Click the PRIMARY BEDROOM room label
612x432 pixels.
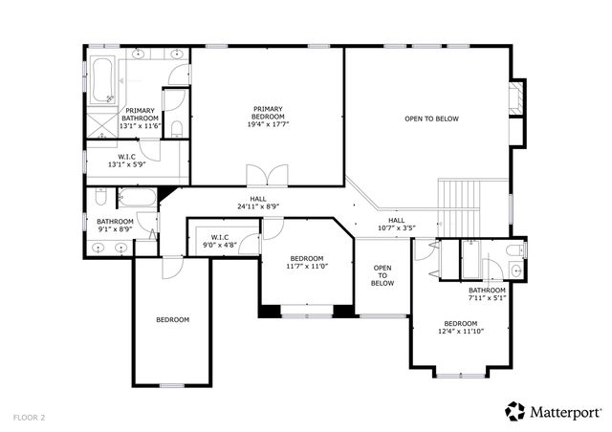tap(267, 117)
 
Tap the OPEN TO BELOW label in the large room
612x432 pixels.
tap(431, 119)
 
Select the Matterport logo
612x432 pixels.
tap(553, 411)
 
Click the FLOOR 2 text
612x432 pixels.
tap(29, 418)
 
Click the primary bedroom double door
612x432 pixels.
tap(266, 176)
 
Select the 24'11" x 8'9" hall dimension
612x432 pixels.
tap(258, 206)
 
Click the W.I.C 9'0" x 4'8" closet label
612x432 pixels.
tap(219, 240)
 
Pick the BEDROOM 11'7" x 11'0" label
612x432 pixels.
tap(307, 264)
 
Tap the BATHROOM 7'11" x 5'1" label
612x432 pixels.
tap(487, 293)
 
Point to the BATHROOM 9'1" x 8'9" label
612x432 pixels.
tap(115, 226)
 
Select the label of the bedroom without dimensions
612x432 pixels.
tap(173, 319)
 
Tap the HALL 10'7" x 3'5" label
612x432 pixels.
tap(396, 224)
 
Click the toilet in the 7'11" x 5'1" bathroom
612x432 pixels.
tap(513, 251)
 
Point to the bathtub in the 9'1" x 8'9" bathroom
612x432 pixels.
tap(138, 199)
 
